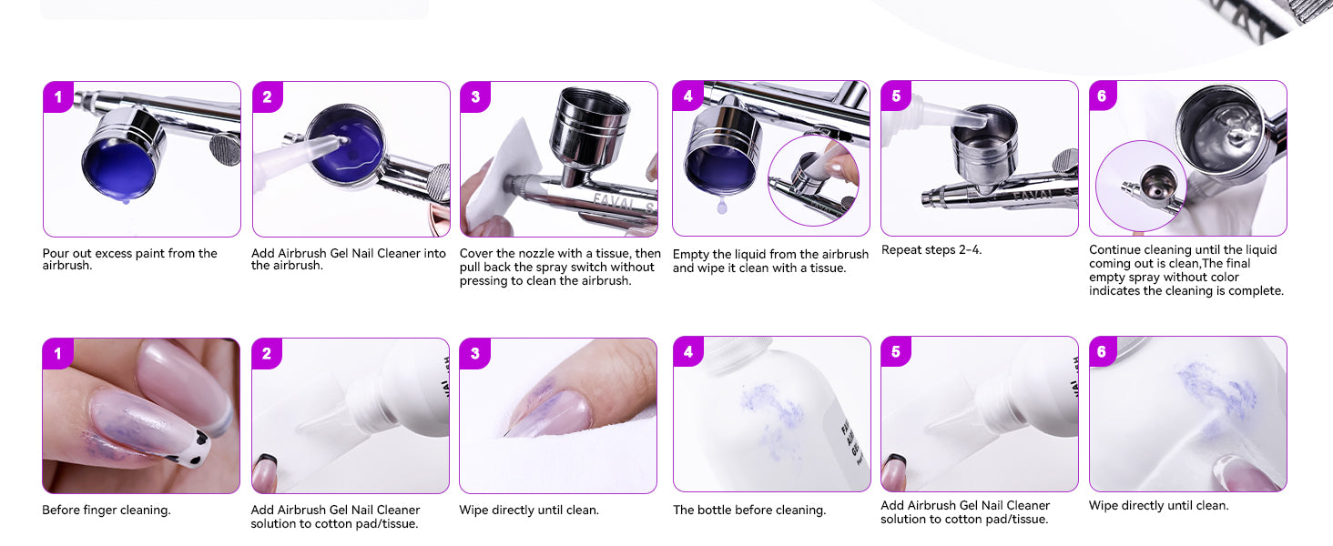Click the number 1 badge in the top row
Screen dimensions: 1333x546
coord(57,97)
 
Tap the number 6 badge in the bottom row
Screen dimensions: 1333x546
coord(1102,352)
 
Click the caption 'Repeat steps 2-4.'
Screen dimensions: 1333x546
coord(931,250)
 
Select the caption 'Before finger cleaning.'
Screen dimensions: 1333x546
coord(106,511)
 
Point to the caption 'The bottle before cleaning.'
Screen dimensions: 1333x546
coord(749,511)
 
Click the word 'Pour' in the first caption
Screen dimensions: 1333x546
coord(56,253)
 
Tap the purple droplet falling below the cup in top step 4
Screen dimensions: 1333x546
coord(722,206)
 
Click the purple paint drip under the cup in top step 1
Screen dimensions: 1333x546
coord(126,202)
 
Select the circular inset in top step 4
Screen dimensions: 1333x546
coord(813,180)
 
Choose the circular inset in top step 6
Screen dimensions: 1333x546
coord(1141,186)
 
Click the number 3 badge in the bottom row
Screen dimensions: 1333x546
coord(474,354)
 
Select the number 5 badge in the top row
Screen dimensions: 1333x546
coord(896,96)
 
